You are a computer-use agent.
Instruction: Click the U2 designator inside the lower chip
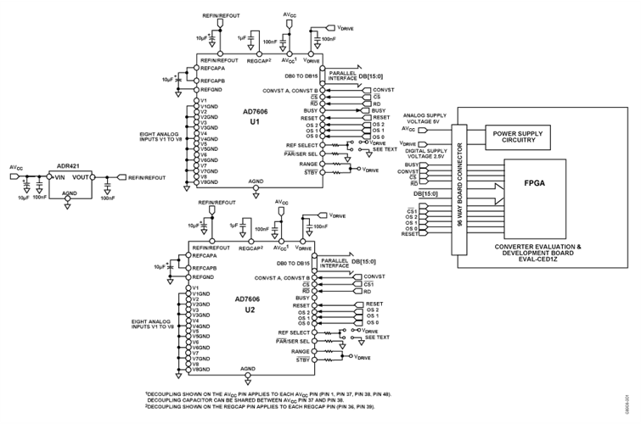coord(250,310)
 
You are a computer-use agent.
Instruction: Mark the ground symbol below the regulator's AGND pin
coord(68,206)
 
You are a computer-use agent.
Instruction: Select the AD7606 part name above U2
coord(250,299)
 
